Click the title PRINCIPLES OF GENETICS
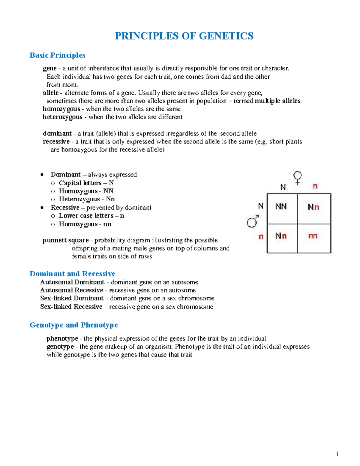click(184, 36)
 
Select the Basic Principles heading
click(57, 55)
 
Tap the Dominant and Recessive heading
click(72, 274)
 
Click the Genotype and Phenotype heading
click(74, 325)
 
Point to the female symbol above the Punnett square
click(297, 177)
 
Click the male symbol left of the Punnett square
click(253, 221)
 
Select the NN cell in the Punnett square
click(281, 206)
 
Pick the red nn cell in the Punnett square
click(313, 236)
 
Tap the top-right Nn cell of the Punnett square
click(313, 207)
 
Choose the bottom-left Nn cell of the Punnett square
click(281, 236)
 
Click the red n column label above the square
click(315, 186)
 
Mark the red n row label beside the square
click(261, 237)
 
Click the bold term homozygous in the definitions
click(61, 109)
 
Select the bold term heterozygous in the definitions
click(62, 117)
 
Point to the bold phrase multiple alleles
click(277, 101)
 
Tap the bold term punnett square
click(66, 240)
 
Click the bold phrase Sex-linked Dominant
click(72, 298)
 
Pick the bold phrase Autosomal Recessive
click(72, 290)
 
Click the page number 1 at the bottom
click(337, 454)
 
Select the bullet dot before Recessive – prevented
click(42, 208)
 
